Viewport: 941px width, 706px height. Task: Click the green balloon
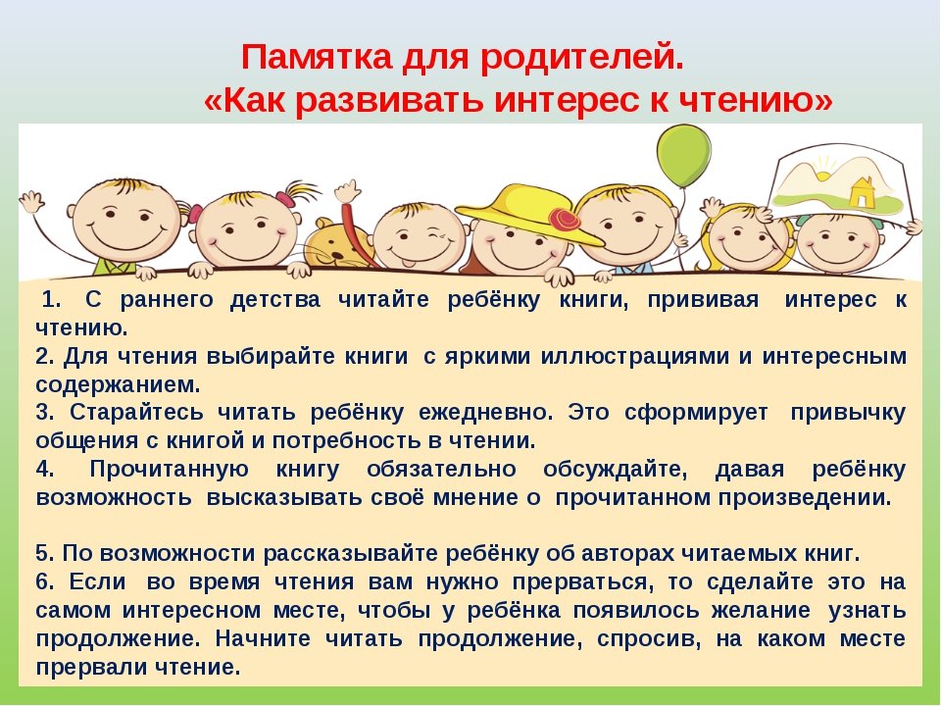point(683,156)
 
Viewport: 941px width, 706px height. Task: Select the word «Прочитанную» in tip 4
point(169,470)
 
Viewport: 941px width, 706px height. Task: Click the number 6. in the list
point(45,581)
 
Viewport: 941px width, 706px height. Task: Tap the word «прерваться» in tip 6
point(580,582)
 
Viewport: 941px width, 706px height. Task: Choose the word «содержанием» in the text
point(118,384)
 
